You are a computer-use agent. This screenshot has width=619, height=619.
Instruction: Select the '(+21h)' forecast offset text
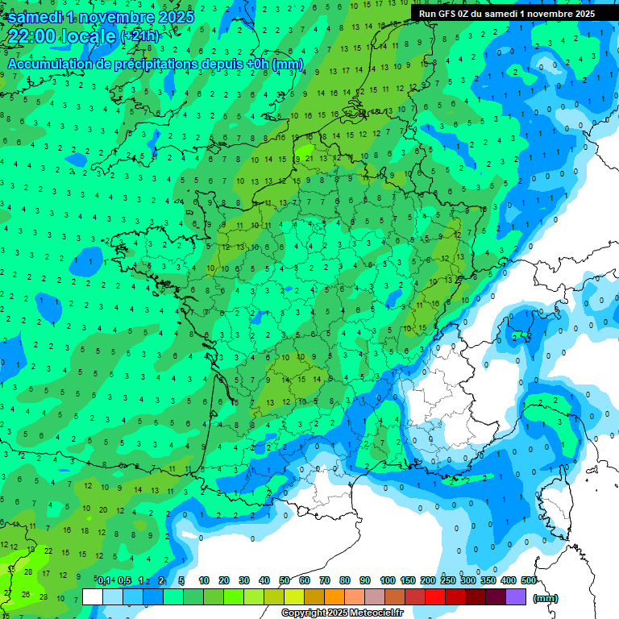[139, 36]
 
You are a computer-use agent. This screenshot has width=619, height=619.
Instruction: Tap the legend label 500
[529, 581]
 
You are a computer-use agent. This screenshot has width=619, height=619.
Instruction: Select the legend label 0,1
[104, 581]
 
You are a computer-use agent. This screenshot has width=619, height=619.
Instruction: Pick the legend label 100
[387, 581]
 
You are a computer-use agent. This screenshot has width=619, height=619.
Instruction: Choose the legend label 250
[447, 581]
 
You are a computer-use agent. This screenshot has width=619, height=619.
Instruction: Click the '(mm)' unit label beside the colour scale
[546, 598]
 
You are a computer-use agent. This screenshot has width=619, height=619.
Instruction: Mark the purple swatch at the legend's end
[516, 597]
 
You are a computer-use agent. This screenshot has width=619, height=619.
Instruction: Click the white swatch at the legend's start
[93, 597]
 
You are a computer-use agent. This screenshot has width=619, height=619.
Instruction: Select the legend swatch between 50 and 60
[294, 597]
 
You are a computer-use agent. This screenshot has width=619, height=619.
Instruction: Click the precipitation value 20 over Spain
[102, 509]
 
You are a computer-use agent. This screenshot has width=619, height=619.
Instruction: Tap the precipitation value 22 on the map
[49, 550]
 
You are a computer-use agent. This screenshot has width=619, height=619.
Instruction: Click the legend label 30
[244, 581]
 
